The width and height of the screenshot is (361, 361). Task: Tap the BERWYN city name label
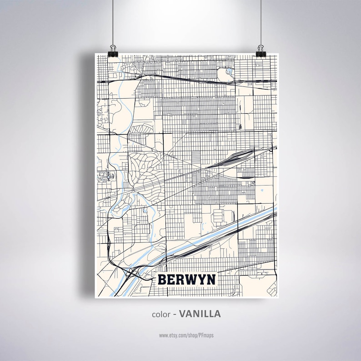click(x=187, y=280)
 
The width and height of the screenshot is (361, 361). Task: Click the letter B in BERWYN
click(x=163, y=280)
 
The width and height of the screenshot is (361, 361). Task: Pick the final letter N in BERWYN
click(x=211, y=280)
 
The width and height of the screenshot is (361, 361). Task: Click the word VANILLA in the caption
click(x=200, y=314)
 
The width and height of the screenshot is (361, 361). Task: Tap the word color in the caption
click(x=162, y=314)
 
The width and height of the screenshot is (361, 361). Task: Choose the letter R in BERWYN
click(x=181, y=280)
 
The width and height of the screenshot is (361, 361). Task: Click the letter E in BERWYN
click(x=172, y=280)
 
